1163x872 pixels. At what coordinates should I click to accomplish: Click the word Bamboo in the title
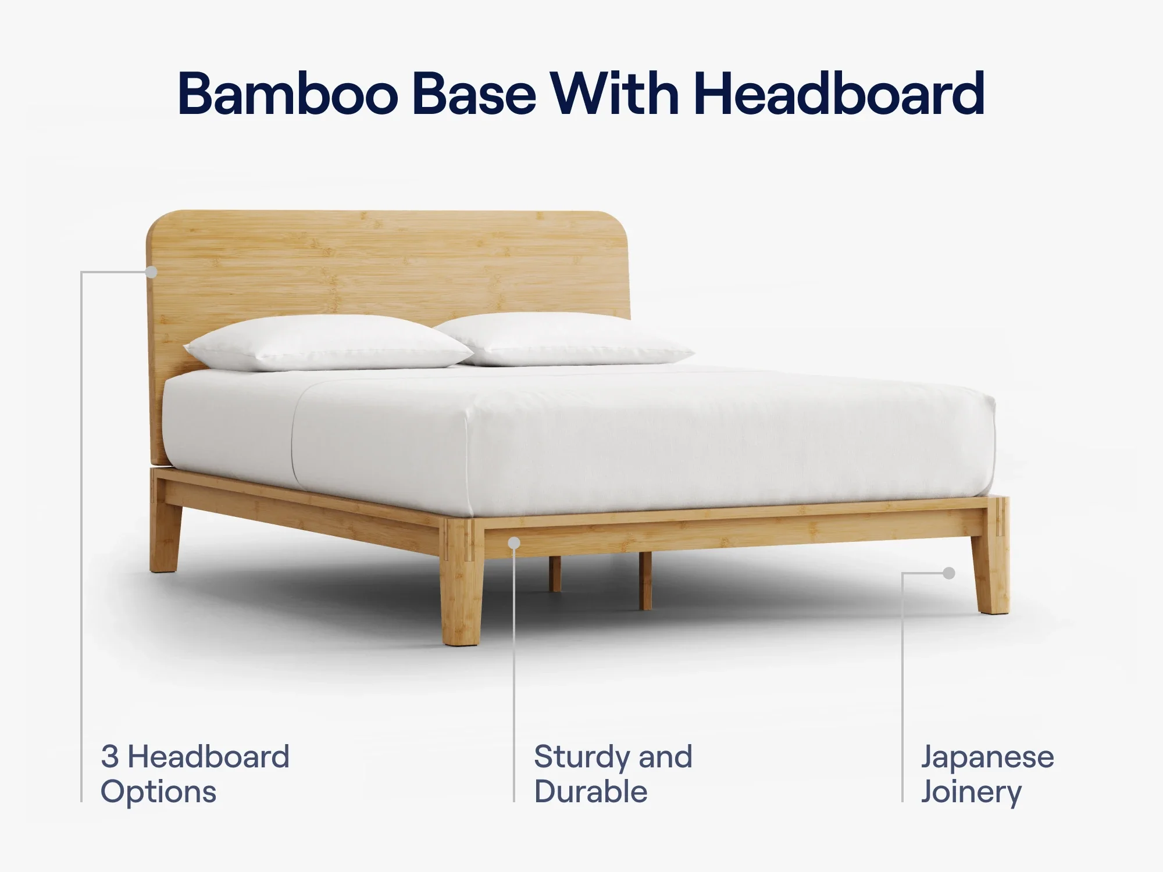coord(288,94)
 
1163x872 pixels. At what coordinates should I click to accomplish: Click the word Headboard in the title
coord(839,94)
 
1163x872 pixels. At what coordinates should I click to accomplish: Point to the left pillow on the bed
coord(329,343)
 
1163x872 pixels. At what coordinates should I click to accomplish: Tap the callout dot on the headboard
coord(152,271)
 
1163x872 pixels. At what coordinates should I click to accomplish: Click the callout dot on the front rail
coord(514,543)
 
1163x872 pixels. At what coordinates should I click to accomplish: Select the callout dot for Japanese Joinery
coord(949,573)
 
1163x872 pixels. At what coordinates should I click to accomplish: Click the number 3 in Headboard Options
coord(109,757)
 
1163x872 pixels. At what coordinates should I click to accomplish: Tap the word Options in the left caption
coord(158,792)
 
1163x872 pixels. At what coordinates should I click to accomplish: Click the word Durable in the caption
coord(591,792)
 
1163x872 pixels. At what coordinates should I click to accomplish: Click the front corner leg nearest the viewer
coord(463,581)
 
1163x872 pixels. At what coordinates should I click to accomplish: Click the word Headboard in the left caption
coord(208,757)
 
